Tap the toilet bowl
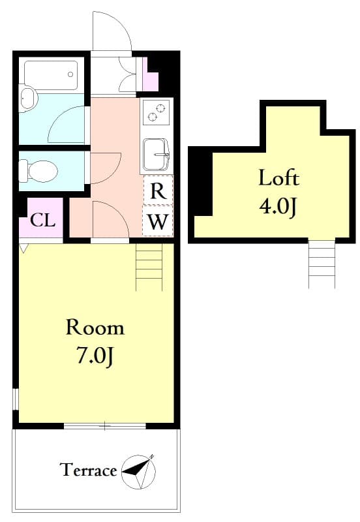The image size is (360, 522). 40,172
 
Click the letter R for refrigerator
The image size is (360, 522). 158,191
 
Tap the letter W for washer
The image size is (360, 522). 158,222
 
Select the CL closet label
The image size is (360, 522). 42,220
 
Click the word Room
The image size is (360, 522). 95,328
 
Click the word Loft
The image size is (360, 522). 278,177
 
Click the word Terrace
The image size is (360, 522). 88,470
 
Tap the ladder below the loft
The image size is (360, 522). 322,264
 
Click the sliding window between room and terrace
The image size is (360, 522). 104,426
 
